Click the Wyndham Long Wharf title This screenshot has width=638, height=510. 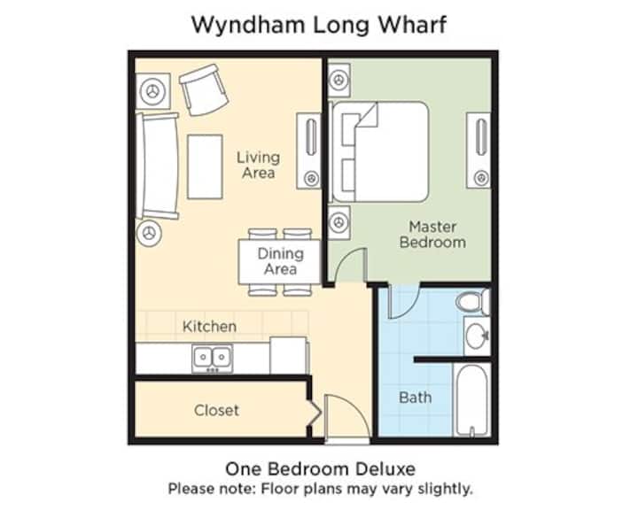click(x=319, y=25)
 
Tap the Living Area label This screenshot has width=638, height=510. click(x=259, y=165)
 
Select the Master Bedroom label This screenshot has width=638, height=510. click(x=432, y=235)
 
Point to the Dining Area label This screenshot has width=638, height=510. click(x=280, y=261)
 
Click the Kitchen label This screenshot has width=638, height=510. click(x=209, y=326)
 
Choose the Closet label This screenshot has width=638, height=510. click(x=216, y=410)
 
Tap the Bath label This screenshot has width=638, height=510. click(x=415, y=398)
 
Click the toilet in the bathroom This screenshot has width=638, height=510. click(x=473, y=302)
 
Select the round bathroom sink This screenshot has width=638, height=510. click(x=476, y=336)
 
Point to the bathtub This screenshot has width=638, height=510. click(x=472, y=400)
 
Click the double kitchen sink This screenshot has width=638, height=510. click(x=212, y=359)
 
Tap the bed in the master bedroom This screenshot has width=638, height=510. click(x=380, y=151)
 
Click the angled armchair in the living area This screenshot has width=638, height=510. click(x=204, y=90)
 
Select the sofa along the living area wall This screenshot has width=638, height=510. click(x=157, y=166)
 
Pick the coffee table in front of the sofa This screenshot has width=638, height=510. click(x=205, y=166)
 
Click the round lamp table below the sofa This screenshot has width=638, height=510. click(x=149, y=234)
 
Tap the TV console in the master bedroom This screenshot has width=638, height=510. click(x=478, y=151)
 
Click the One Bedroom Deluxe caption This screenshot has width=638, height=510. click(x=321, y=469)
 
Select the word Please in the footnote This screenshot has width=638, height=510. click(x=190, y=489)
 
